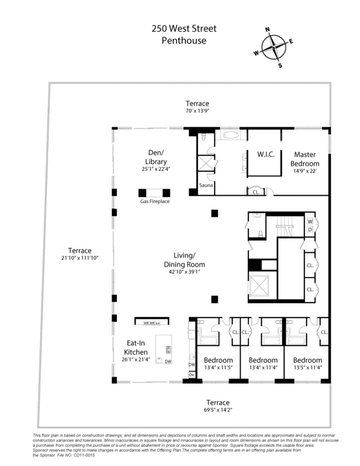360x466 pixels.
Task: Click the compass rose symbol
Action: (x=274, y=47)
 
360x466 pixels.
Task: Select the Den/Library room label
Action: (x=152, y=157)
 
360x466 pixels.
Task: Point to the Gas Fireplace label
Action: (x=155, y=201)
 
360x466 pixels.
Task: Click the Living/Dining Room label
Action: (x=185, y=260)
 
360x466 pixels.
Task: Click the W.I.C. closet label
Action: (x=266, y=154)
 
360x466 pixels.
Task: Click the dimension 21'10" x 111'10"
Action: (x=79, y=258)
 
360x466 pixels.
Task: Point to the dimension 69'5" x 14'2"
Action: (x=215, y=410)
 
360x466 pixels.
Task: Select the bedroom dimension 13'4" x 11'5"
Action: (x=218, y=368)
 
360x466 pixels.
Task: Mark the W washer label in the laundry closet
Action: (x=310, y=220)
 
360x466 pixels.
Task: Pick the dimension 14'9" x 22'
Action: (x=305, y=171)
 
